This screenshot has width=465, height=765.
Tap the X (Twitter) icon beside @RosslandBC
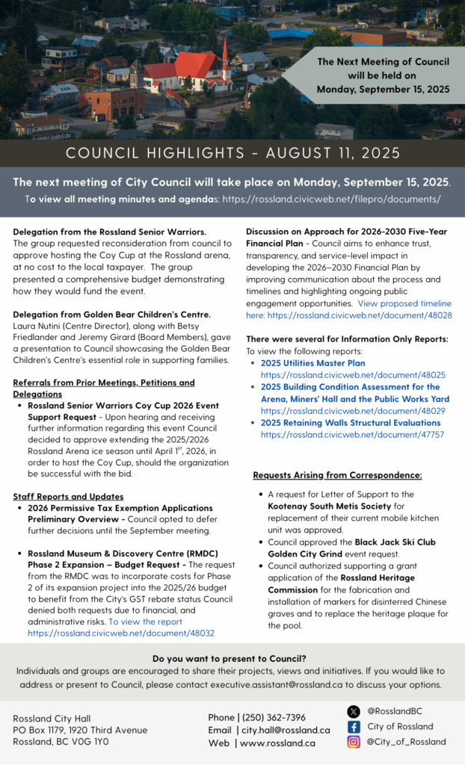click(354, 711)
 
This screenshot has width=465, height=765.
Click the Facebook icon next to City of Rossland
click(354, 726)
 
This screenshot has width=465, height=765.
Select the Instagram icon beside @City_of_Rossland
click(354, 742)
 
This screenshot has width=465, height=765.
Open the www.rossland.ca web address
click(278, 743)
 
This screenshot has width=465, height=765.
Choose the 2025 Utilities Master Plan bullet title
click(312, 363)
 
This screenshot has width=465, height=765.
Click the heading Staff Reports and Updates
click(68, 496)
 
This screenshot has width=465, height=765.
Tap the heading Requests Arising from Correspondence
click(337, 475)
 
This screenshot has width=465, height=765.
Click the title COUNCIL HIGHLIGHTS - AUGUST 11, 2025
click(232, 153)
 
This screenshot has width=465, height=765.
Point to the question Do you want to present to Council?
click(229, 658)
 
